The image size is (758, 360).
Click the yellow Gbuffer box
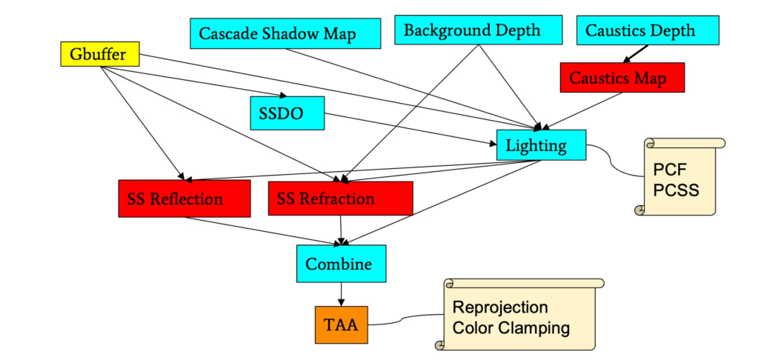(x=99, y=54)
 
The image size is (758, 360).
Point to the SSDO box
(x=287, y=113)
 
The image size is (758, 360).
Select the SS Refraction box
(x=340, y=198)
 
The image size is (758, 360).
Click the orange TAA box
(x=341, y=324)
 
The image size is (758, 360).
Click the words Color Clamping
(x=511, y=327)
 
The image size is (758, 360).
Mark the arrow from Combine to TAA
(x=341, y=293)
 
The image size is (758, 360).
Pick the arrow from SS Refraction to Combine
(x=341, y=230)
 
